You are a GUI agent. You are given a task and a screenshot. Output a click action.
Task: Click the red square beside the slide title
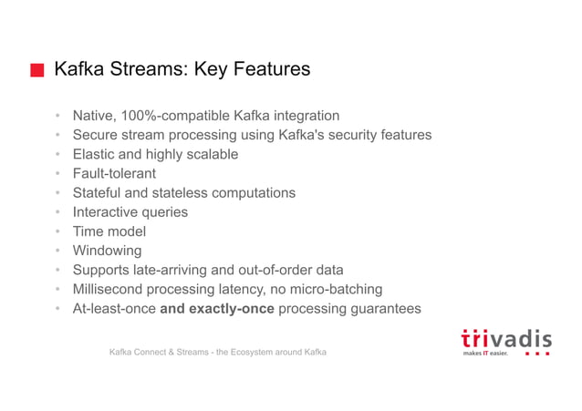36,71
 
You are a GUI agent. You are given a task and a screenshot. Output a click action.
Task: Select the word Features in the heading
268,70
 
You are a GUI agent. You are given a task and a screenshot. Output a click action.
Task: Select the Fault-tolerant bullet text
114,173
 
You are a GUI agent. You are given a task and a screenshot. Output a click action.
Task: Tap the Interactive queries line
130,212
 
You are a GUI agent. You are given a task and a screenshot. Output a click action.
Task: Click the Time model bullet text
109,231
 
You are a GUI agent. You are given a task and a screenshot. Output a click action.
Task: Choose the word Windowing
108,251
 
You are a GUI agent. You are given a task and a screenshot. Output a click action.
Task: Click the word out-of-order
279,270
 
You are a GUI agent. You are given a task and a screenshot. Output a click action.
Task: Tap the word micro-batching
337,289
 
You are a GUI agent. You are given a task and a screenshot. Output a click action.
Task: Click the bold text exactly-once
231,309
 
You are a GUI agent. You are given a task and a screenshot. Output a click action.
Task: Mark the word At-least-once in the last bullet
114,309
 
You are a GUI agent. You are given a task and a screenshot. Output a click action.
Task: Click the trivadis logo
506,342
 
